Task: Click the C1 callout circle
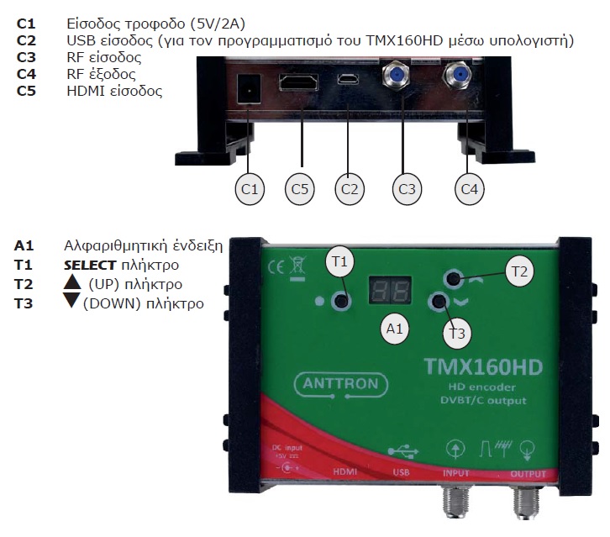pos(249,190)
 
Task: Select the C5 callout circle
pos(300,190)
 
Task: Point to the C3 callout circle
pos(407,190)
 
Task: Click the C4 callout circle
pos(471,190)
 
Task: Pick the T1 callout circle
pos(339,262)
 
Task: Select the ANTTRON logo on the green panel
pos(342,385)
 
